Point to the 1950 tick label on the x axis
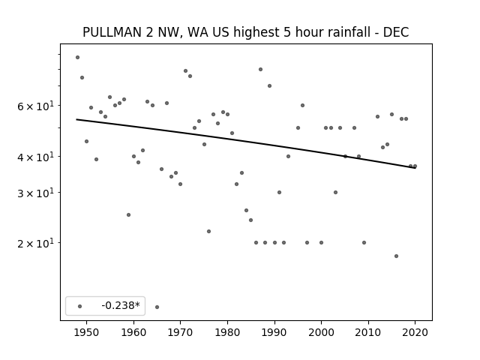87,332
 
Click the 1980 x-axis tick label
227,332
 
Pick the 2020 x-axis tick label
415,332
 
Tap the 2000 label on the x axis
322,332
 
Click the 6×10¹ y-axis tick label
35,106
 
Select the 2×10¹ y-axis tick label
35,243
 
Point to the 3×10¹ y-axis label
35,193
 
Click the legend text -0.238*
121,305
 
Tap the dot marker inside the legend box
80,306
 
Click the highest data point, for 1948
78,57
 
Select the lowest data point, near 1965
157,307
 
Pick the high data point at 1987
260,70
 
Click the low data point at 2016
397,256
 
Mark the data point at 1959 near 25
128,215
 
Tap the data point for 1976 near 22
208,232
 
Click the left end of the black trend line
76,119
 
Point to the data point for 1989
270,85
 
